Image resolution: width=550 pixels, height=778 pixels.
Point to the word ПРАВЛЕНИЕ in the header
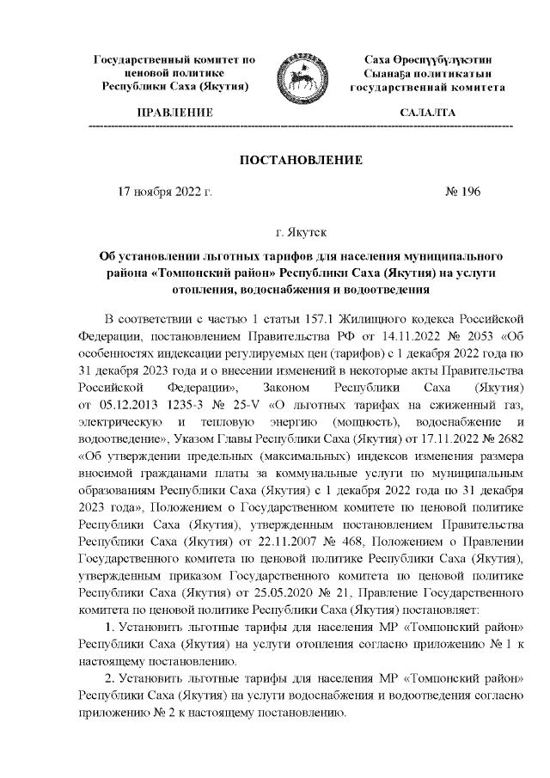pos(175,113)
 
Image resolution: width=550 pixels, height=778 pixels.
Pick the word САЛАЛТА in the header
pos(428,113)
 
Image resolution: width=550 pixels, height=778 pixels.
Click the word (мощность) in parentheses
pos(361,420)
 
